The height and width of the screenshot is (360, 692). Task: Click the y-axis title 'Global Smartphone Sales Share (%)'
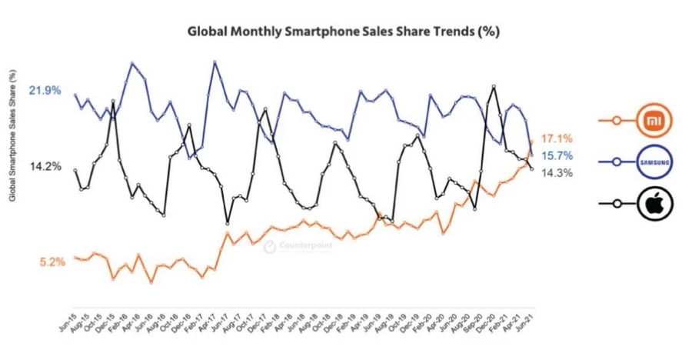point(13,135)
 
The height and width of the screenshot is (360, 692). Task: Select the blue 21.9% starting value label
point(45,91)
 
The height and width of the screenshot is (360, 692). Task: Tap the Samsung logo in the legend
point(655,162)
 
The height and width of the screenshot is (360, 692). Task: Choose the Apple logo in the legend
point(655,204)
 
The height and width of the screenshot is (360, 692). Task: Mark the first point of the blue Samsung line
point(75,95)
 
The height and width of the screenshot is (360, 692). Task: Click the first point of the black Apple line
point(75,170)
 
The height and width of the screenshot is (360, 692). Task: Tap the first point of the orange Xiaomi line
point(75,258)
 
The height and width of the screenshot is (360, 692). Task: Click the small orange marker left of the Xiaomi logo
point(614,120)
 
